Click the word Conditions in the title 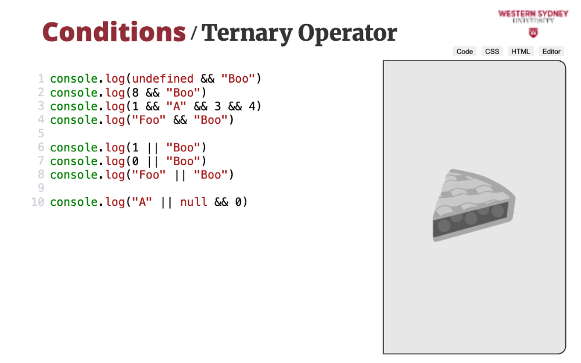tap(114, 33)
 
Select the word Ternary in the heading tap(247, 33)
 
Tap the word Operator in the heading tap(347, 33)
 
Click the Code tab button tap(465, 52)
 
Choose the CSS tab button tap(492, 52)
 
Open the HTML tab tap(521, 52)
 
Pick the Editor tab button tap(551, 52)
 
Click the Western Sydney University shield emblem tap(533, 33)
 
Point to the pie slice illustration tap(474, 205)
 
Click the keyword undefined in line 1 tap(163, 79)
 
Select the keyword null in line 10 tap(193, 202)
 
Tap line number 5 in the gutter tap(41, 134)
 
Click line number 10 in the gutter tap(38, 202)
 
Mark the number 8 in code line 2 tap(135, 92)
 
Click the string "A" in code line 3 tap(177, 106)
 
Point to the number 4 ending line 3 tap(252, 106)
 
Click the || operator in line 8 tap(180, 175)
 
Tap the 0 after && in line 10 tap(239, 202)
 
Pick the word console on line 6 tap(74, 147)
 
